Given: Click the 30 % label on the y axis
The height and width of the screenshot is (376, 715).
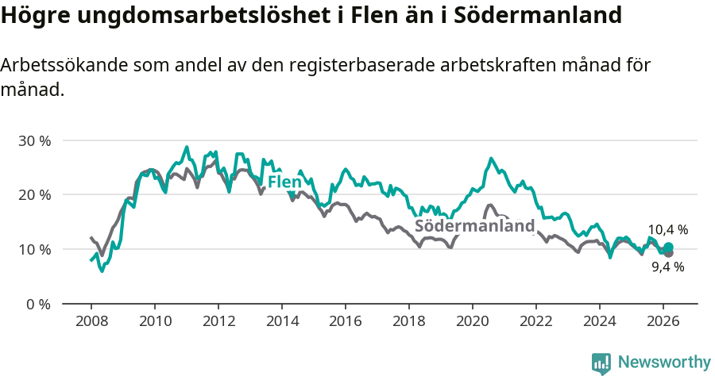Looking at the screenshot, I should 34,140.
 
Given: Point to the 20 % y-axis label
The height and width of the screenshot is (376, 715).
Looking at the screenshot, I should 34,195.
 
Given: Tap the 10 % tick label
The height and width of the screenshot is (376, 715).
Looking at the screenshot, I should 34,249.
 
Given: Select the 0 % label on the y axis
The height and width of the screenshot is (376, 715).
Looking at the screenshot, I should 37,304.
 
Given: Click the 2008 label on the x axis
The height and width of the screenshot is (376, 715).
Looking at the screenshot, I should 91,322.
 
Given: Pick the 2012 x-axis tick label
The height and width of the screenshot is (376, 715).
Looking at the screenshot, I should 218,322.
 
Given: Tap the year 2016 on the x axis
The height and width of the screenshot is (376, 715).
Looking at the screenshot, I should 346,322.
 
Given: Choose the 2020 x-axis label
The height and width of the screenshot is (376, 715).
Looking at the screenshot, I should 473,322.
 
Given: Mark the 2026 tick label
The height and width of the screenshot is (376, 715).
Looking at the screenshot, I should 663,322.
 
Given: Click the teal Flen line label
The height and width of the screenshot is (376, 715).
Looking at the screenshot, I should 284,182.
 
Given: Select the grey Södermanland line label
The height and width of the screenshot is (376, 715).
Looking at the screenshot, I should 475,226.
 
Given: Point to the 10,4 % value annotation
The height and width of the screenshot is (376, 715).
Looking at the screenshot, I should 667,230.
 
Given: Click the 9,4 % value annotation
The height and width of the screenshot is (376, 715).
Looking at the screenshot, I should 667,267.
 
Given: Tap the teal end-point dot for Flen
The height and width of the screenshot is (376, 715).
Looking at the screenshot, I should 668,247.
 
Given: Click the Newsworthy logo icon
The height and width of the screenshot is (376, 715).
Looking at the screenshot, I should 601,363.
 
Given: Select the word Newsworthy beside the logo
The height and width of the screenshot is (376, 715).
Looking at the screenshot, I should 664,363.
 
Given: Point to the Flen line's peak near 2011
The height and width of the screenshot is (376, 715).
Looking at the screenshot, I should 187,147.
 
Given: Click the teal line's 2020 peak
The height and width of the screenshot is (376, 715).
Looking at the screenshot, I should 491,159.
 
